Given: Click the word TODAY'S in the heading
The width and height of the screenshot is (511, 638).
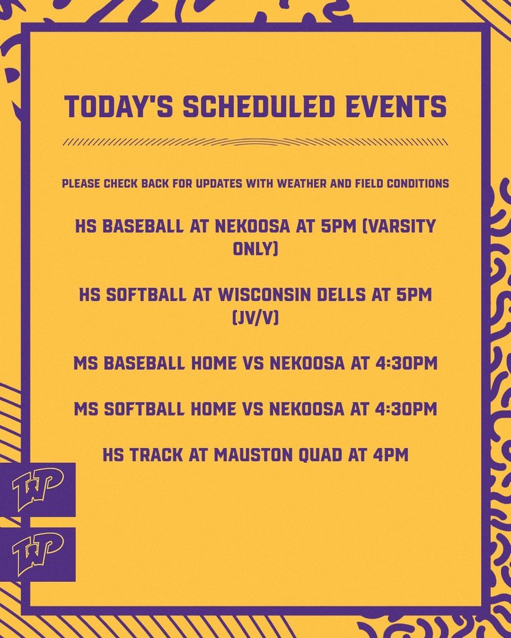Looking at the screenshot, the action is coord(119,107).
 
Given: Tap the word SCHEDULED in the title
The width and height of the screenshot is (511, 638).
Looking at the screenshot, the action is coord(259,107).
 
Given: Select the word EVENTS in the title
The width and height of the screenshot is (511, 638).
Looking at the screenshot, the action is coord(396,107).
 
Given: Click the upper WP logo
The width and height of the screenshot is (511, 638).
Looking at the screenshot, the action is coord(37,490).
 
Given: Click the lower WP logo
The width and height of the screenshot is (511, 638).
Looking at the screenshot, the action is coord(37,555).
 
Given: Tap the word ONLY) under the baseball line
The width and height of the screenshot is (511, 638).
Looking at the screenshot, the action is coord(256,249).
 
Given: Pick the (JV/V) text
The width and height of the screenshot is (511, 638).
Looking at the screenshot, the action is coord(256,317).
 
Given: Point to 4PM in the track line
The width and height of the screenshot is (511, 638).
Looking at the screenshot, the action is coord(391,455).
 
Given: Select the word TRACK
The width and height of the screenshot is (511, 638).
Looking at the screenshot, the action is coord(157,455).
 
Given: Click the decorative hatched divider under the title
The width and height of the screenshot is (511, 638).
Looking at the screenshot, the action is coord(256,142).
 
